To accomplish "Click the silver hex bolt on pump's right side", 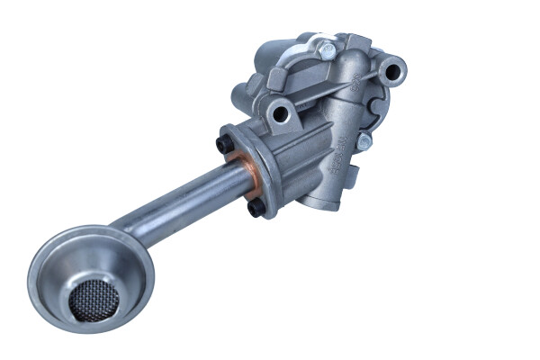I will pos(363,142).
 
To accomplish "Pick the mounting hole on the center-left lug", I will pos(281,112).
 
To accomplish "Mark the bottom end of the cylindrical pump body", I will pos(315,202).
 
